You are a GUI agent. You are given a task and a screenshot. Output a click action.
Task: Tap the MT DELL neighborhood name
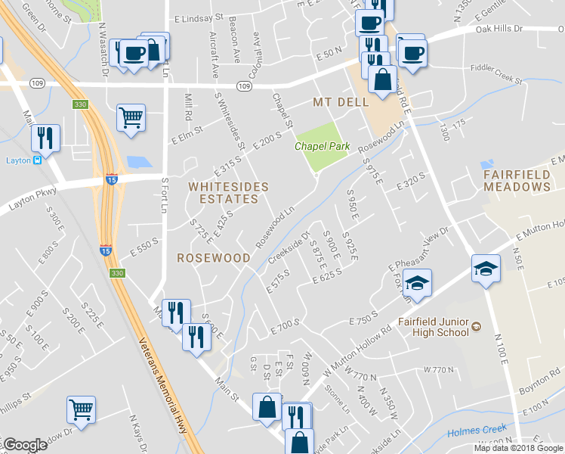coord(341,101)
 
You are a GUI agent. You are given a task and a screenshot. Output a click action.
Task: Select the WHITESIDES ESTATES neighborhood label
coord(228,192)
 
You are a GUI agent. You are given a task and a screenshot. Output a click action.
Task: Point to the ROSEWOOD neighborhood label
coord(214,257)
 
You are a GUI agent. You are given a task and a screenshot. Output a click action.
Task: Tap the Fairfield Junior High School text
coord(433,327)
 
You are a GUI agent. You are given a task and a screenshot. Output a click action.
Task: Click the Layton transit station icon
coord(35,160)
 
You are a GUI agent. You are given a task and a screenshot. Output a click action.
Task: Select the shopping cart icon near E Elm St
coord(131,117)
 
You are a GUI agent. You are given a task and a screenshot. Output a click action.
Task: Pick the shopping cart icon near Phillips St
coord(81,409)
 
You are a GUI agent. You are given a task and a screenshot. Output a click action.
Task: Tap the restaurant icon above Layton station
coord(45,138)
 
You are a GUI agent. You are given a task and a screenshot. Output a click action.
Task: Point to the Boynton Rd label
coord(542,386)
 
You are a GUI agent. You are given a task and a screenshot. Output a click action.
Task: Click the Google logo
coord(26,445)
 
